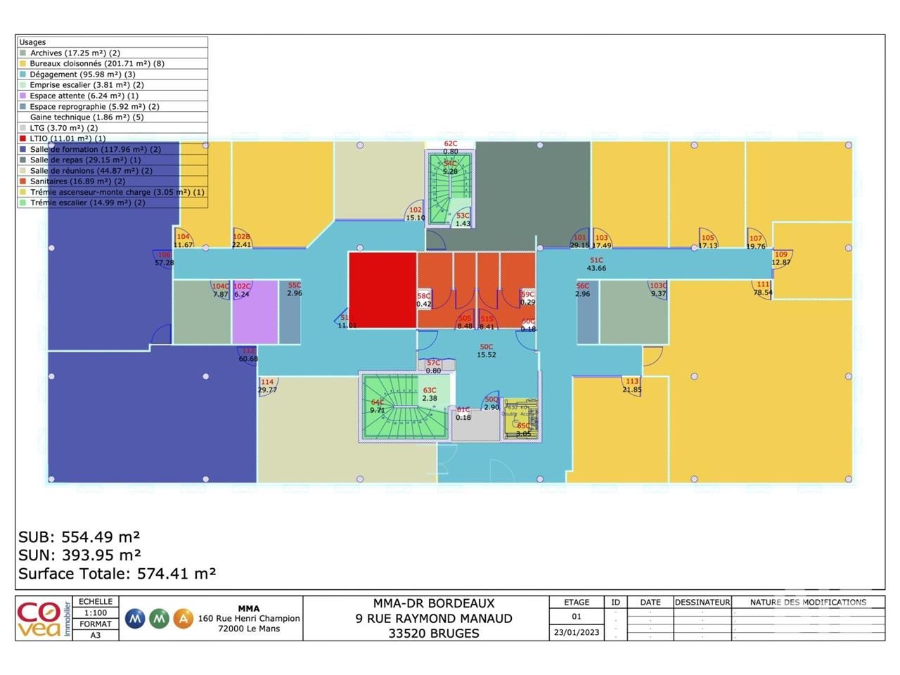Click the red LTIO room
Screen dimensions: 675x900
coord(382,288)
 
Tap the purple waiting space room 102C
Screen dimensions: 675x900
coord(255,313)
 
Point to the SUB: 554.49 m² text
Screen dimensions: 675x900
coord(79,537)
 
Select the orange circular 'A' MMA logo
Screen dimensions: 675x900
coord(184,619)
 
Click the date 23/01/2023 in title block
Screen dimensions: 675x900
coord(577,632)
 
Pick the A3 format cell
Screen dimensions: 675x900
coord(96,635)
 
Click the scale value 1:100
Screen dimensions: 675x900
coord(96,613)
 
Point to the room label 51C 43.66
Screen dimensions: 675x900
coord(596,264)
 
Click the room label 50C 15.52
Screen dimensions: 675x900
coord(487,351)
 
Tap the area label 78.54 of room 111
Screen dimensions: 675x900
coord(763,292)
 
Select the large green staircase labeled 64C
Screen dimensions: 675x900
coord(404,406)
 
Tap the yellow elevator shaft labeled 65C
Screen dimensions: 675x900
coord(521,420)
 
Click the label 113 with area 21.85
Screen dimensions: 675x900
coord(631,385)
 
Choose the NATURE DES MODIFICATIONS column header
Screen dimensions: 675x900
coord(808,602)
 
